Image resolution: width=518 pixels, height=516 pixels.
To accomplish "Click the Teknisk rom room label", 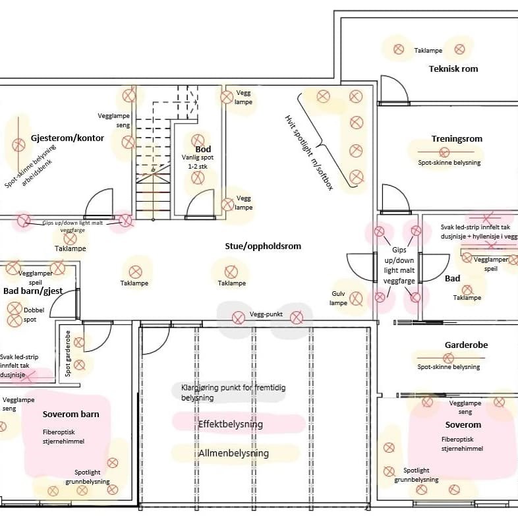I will click(x=453, y=69).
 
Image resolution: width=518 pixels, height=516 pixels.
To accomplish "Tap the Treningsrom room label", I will click(x=457, y=139).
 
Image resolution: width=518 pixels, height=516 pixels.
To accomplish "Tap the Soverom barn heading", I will click(x=71, y=415).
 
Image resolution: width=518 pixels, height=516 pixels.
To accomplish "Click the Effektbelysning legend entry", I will click(x=230, y=424).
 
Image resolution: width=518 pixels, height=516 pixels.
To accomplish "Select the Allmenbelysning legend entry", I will click(x=233, y=453).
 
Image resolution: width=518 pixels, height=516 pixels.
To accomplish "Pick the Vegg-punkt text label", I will click(x=266, y=314).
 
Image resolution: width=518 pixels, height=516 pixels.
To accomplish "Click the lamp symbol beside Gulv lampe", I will click(x=357, y=299).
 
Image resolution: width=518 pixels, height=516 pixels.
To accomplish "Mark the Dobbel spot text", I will click(x=34, y=314).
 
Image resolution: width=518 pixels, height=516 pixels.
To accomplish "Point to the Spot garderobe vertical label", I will click(x=68, y=353).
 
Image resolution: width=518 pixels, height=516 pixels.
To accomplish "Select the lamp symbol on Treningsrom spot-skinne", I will click(x=444, y=152).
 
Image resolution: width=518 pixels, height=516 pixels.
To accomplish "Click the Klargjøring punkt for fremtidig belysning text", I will click(x=233, y=393).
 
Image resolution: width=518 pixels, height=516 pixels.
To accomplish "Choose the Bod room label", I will click(x=203, y=149).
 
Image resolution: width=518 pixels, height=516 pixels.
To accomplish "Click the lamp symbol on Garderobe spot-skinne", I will click(x=448, y=358).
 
